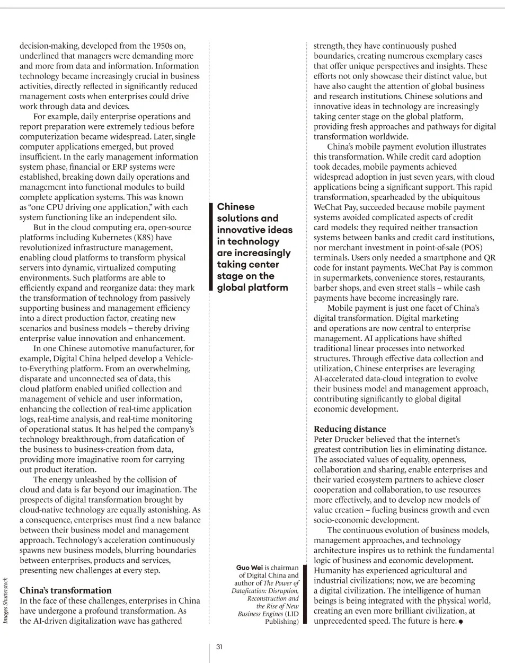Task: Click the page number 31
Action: click(x=219, y=647)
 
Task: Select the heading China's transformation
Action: click(x=66, y=590)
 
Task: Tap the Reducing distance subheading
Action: click(x=350, y=429)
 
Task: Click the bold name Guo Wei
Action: click(x=249, y=568)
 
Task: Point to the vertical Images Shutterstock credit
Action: click(x=5, y=600)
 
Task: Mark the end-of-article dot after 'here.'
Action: click(x=460, y=622)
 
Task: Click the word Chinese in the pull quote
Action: click(x=236, y=207)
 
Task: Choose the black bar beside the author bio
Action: click(x=304, y=595)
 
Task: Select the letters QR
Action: click(x=489, y=258)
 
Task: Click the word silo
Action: click(x=167, y=217)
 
